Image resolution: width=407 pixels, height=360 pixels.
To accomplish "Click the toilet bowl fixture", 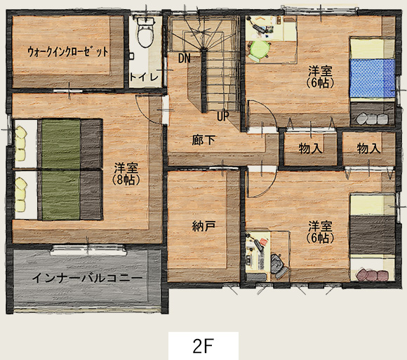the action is (x=146, y=33).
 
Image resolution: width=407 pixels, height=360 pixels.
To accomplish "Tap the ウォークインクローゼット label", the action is (x=68, y=52).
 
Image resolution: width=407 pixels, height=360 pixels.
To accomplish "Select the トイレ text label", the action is (x=144, y=77).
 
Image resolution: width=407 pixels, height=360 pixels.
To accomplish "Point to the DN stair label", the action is (x=185, y=58).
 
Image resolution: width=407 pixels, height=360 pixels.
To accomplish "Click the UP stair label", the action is (x=223, y=116).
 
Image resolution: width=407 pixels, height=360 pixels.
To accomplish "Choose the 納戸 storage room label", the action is (x=203, y=227).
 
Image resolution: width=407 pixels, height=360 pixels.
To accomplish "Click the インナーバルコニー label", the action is (x=87, y=278).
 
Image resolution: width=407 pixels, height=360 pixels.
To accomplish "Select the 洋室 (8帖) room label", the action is (x=126, y=174).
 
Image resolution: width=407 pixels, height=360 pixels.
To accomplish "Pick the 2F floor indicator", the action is (x=203, y=346).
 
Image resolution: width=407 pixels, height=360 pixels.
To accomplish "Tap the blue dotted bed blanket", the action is (x=372, y=78).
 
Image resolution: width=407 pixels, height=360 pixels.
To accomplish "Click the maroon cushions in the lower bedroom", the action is (x=373, y=275).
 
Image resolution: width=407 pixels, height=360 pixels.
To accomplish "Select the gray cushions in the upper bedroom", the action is (x=372, y=119).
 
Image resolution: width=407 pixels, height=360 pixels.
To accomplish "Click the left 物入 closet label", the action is (x=311, y=149).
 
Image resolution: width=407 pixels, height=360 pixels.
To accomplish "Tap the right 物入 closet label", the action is (x=369, y=149).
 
